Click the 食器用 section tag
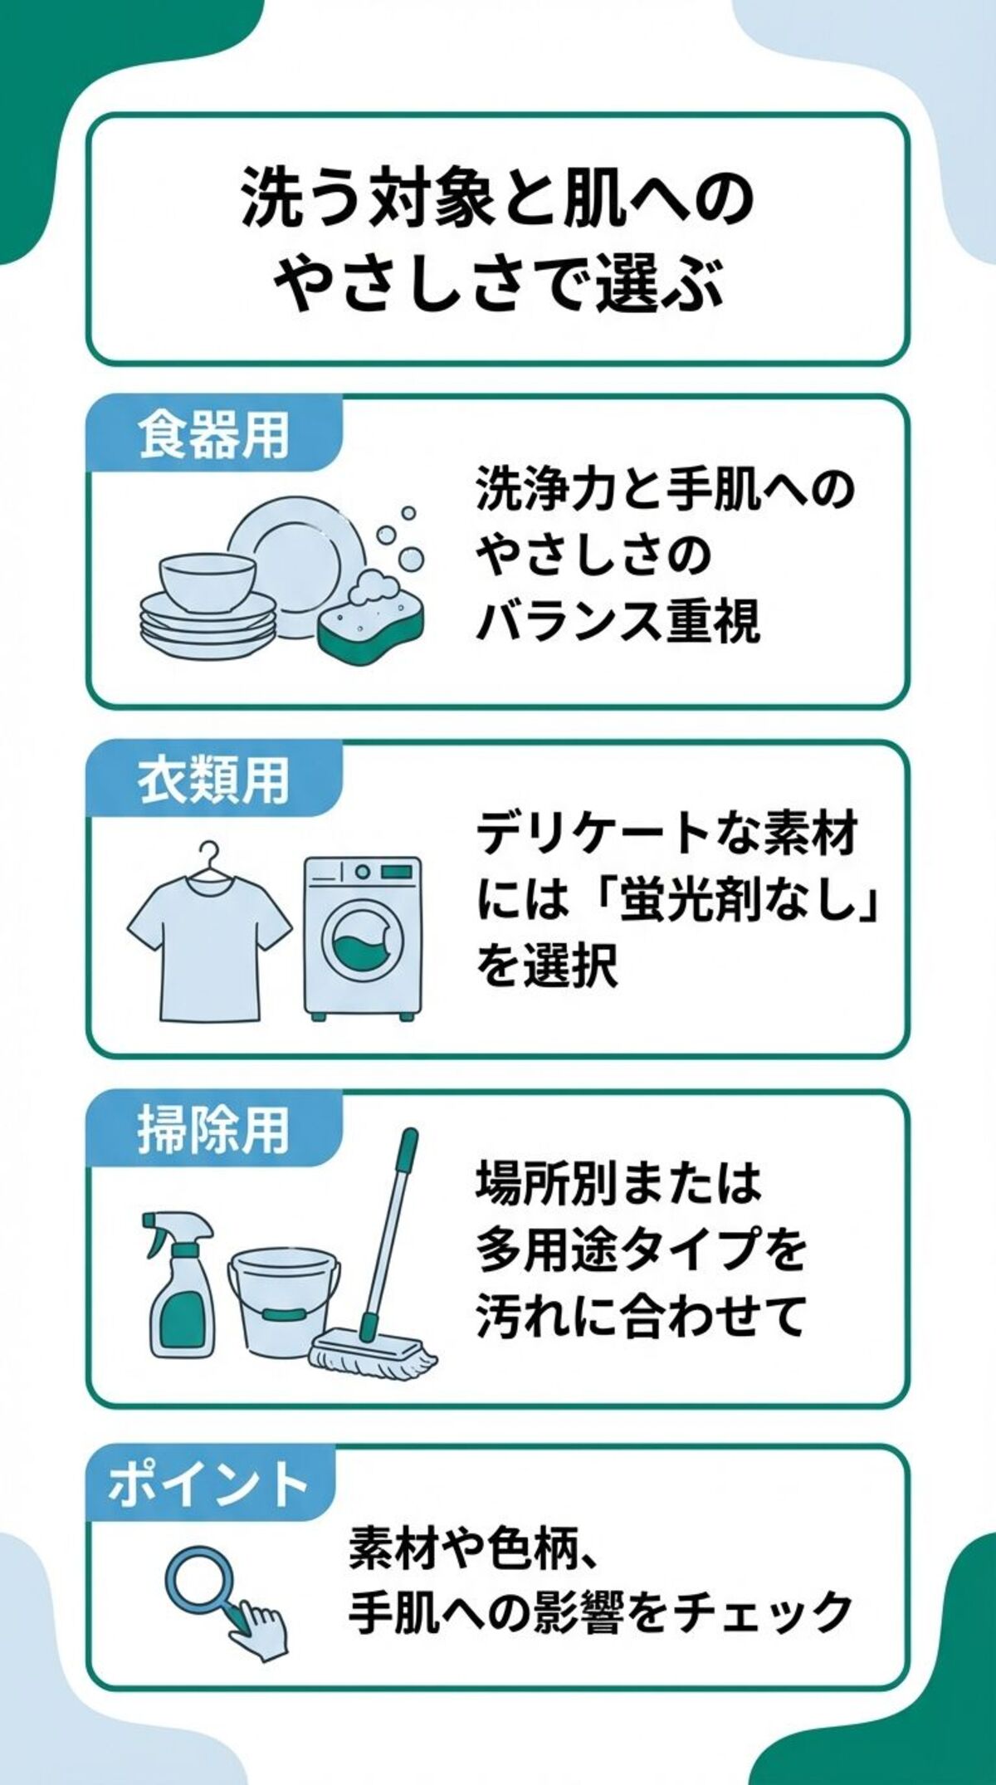pos(213,436)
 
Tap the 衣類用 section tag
pos(213,781)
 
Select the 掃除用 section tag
pos(213,1130)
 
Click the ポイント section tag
pos(207,1484)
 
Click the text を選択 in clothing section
pos(547,966)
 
